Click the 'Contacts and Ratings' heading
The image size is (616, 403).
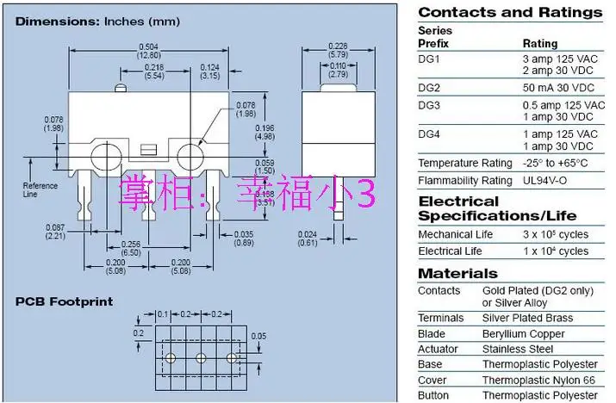click(510, 12)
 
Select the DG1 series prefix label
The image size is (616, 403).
click(429, 59)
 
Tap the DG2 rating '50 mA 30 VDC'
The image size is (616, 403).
click(557, 87)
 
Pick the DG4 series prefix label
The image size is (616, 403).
click(429, 134)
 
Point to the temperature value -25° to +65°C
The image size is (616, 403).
click(556, 163)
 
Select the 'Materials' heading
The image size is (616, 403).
click(457, 273)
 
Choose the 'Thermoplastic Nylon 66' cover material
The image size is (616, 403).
click(539, 380)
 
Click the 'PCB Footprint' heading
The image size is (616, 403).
click(64, 302)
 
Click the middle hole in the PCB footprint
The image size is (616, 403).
click(201, 357)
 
